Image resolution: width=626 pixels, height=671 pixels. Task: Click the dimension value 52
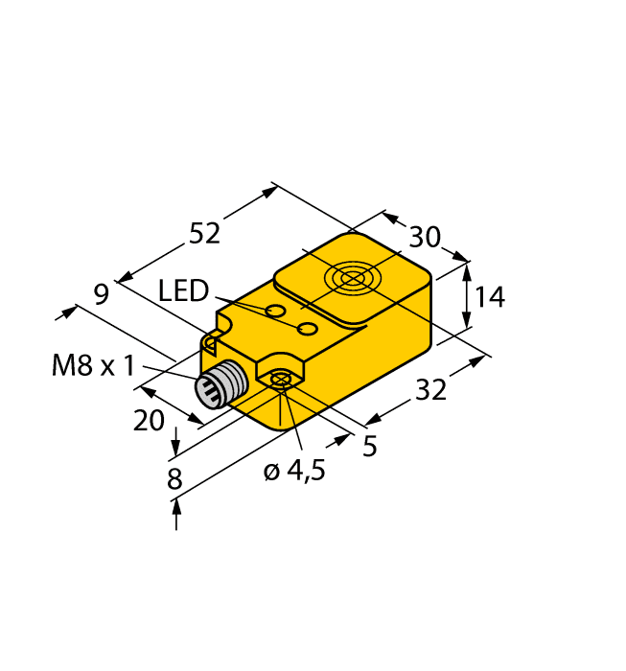click(204, 234)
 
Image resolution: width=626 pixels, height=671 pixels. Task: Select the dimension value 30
click(424, 237)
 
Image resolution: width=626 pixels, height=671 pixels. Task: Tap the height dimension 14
click(488, 298)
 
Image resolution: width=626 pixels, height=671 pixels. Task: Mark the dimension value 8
click(174, 479)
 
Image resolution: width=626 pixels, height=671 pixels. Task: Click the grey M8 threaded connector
click(217, 385)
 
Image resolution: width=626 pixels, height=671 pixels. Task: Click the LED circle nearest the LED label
click(275, 312)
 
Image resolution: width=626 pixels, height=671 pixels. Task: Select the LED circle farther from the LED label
click(308, 330)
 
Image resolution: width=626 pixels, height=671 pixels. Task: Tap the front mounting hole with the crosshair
click(280, 381)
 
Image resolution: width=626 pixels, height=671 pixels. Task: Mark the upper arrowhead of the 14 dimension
click(467, 270)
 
